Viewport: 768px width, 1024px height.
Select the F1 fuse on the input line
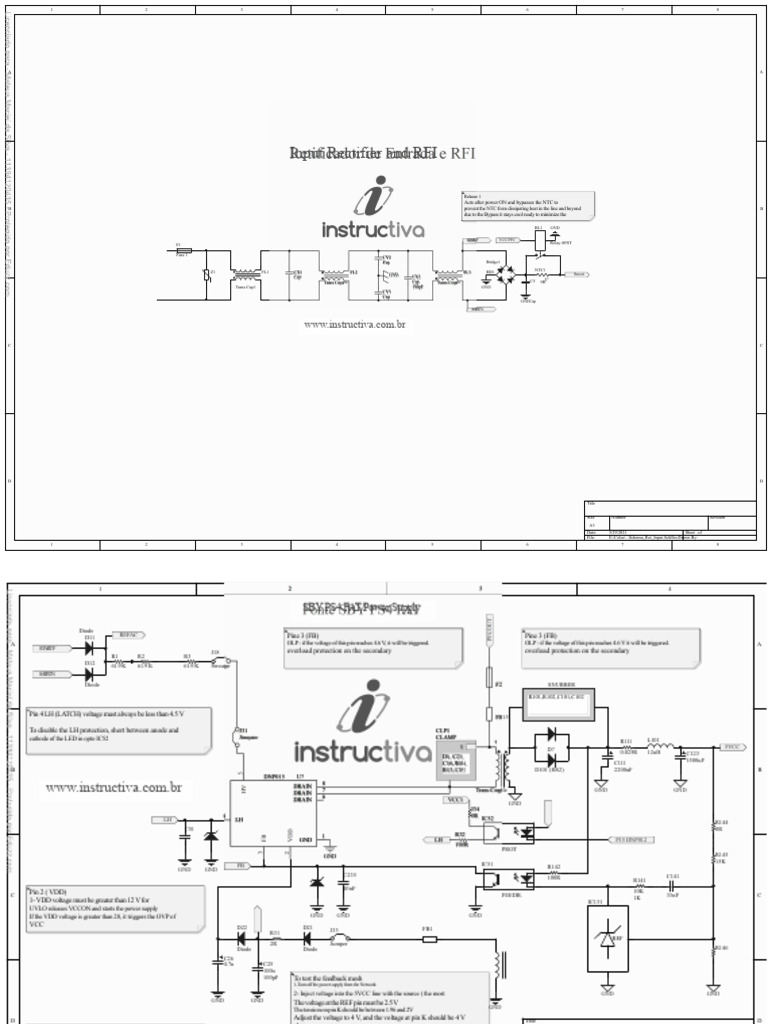tap(183, 253)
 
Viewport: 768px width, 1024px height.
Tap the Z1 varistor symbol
tap(207, 275)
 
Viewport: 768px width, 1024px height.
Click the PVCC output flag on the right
tap(732, 746)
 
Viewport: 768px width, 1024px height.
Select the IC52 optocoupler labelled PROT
tap(522, 831)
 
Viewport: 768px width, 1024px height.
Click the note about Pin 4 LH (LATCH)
tap(121, 730)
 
